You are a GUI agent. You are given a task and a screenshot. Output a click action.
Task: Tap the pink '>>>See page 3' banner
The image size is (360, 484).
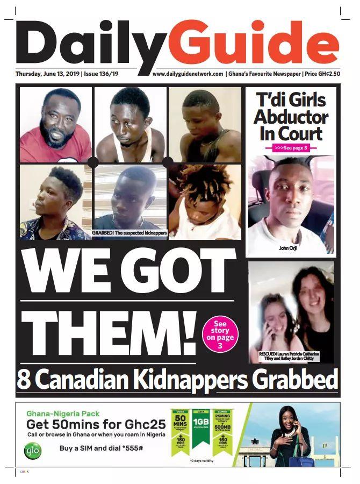coord(291,147)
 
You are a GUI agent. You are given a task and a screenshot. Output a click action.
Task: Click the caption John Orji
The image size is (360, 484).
coord(287,248)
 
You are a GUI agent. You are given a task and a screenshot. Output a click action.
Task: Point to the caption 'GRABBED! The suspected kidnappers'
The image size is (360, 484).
coord(129,233)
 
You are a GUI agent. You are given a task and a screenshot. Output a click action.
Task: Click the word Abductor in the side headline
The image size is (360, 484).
coord(291,117)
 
